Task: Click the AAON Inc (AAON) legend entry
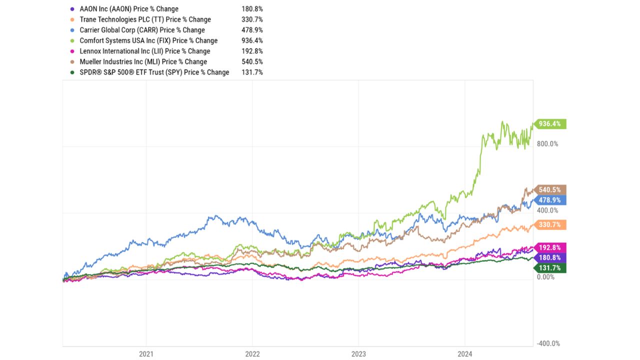tap(129, 9)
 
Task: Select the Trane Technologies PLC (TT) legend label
tap(145, 19)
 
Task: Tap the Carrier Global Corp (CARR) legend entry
tap(142, 30)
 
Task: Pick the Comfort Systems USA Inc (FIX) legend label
tap(148, 40)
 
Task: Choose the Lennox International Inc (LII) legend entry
tap(144, 51)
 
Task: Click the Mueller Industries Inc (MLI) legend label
tap(143, 61)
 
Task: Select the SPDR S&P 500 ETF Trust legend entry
tap(154, 72)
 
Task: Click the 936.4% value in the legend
tap(251, 40)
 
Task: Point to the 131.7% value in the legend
tap(251, 72)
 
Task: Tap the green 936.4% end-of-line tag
tap(549, 123)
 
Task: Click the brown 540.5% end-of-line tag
tap(549, 189)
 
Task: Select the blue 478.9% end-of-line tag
tap(549, 200)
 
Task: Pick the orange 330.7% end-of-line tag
tap(549, 225)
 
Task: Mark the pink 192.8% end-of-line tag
tap(549, 247)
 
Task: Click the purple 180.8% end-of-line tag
tap(549, 257)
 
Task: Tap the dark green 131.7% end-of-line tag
tap(549, 268)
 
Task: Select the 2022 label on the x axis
tap(252, 354)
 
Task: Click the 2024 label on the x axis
tap(465, 354)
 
